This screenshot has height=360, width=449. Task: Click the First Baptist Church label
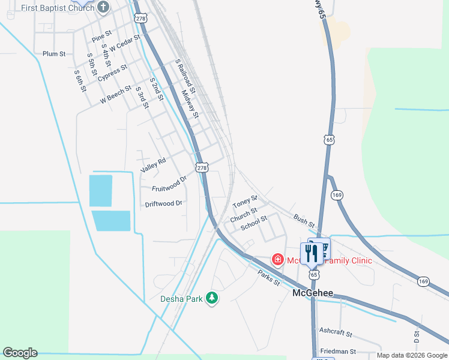pos(57,8)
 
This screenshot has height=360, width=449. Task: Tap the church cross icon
pos(103,7)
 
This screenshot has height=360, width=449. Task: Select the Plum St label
pos(54,54)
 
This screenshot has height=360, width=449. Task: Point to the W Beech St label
pos(115,96)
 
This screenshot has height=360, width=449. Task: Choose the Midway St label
pos(190,103)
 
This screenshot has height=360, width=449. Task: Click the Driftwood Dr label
pos(163,204)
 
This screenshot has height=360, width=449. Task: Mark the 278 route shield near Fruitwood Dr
pos(202,167)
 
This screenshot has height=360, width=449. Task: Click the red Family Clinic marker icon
pos(277,260)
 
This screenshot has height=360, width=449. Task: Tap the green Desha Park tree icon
pos(211,298)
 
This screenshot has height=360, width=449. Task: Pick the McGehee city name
pos(312,293)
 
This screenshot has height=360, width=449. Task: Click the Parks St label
pos(269,278)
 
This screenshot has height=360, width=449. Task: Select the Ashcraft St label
pos(336,332)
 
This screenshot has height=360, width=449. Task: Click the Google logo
pos(20,353)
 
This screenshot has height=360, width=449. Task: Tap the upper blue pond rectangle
pos(100,191)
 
